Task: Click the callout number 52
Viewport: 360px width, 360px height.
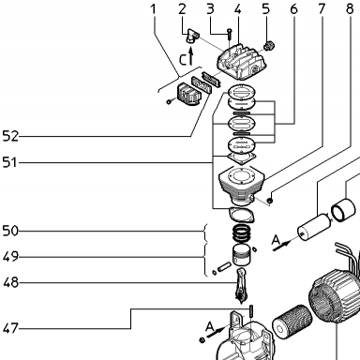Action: (x=10, y=136)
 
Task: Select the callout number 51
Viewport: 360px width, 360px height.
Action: (x=9, y=162)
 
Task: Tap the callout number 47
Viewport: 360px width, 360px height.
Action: (x=10, y=328)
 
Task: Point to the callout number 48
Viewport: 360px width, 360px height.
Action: (x=10, y=283)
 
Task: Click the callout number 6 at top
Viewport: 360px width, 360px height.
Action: (x=293, y=9)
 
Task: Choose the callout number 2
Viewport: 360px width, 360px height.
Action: (x=182, y=9)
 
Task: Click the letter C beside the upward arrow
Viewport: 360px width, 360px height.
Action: (x=183, y=59)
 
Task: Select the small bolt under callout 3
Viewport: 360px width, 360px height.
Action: (x=230, y=34)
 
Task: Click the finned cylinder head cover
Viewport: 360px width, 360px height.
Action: (x=241, y=63)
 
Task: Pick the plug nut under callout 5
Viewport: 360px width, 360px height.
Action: (x=268, y=46)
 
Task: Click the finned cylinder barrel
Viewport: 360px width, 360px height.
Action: (x=242, y=186)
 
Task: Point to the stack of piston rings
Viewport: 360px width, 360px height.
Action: (x=242, y=232)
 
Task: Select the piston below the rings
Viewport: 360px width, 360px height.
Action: (x=241, y=255)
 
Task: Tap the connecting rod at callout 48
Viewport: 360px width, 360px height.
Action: (x=241, y=285)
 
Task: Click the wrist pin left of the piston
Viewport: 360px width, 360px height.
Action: (x=224, y=266)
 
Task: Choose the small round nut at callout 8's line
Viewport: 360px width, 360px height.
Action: (x=271, y=201)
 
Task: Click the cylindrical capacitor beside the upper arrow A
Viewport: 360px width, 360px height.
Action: (x=314, y=228)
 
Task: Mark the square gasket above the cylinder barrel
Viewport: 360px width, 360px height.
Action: (x=242, y=157)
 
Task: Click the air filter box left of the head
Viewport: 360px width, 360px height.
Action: (x=189, y=94)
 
